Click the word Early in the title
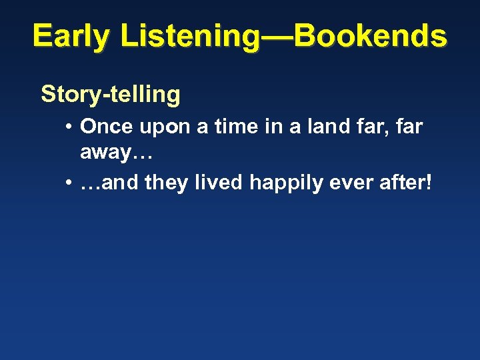[71, 36]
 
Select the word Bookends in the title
[370, 36]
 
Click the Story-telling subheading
[111, 95]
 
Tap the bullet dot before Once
[69, 127]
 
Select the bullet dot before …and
[69, 182]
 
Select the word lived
[219, 182]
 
